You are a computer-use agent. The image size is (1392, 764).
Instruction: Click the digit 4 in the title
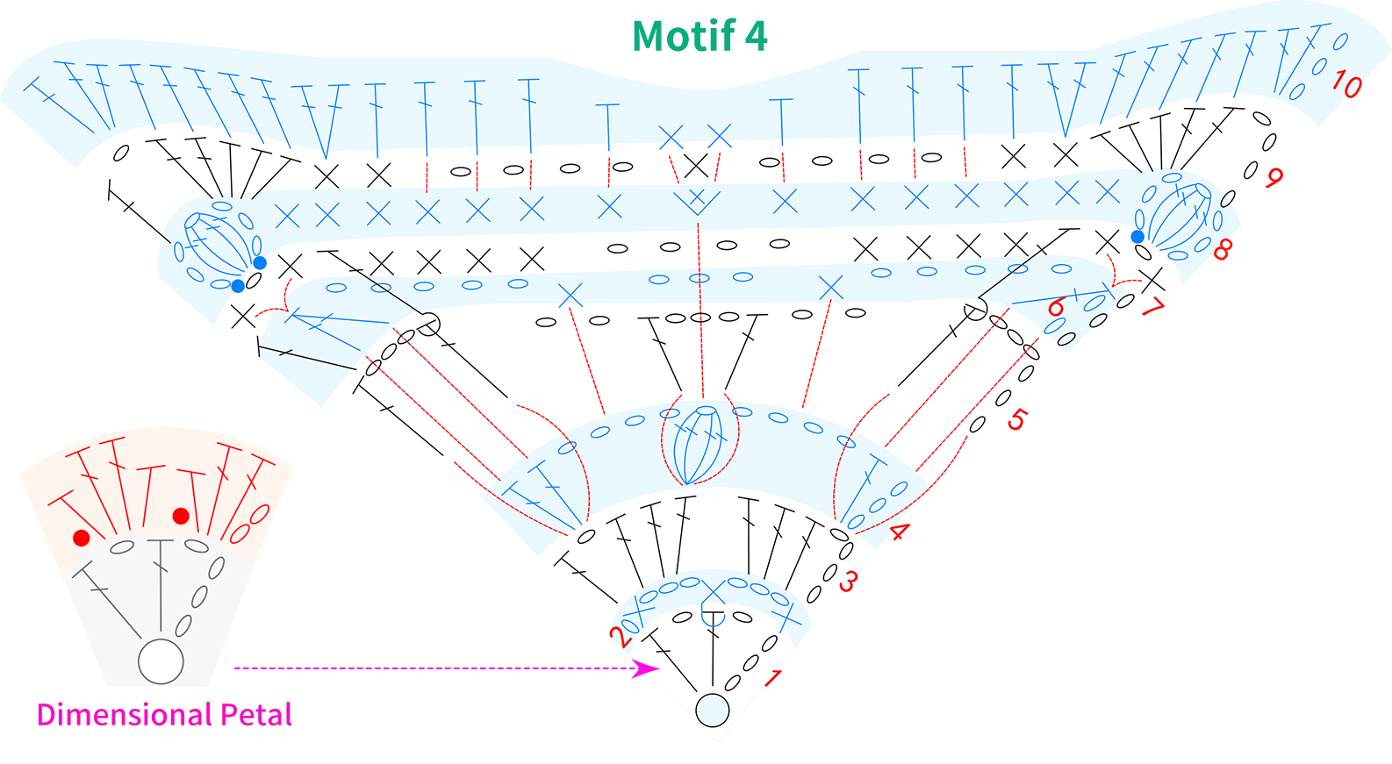point(757,37)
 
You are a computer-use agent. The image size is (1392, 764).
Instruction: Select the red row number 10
point(1347,84)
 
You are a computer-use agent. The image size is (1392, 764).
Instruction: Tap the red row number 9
point(1274,178)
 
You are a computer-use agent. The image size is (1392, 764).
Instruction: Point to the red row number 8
point(1223,250)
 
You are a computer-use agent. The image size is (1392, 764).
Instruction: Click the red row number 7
point(1152,306)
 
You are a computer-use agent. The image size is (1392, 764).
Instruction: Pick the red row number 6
point(1056,307)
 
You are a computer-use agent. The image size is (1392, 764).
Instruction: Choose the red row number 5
point(1016,420)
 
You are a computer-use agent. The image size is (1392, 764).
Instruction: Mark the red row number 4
point(900,531)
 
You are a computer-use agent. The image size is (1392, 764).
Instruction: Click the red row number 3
point(848,582)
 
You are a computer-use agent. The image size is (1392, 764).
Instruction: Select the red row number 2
point(621,638)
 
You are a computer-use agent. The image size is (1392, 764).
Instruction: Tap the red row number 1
point(772,678)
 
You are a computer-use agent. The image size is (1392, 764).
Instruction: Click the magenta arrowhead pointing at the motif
point(646,669)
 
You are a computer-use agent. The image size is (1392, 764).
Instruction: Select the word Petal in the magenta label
point(256,714)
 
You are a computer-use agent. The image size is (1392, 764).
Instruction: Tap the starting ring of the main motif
point(712,710)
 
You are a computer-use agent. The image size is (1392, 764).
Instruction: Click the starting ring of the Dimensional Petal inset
point(161,661)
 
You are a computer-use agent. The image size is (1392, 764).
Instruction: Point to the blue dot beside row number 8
point(1137,237)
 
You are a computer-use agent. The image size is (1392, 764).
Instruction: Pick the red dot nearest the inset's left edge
point(82,538)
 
